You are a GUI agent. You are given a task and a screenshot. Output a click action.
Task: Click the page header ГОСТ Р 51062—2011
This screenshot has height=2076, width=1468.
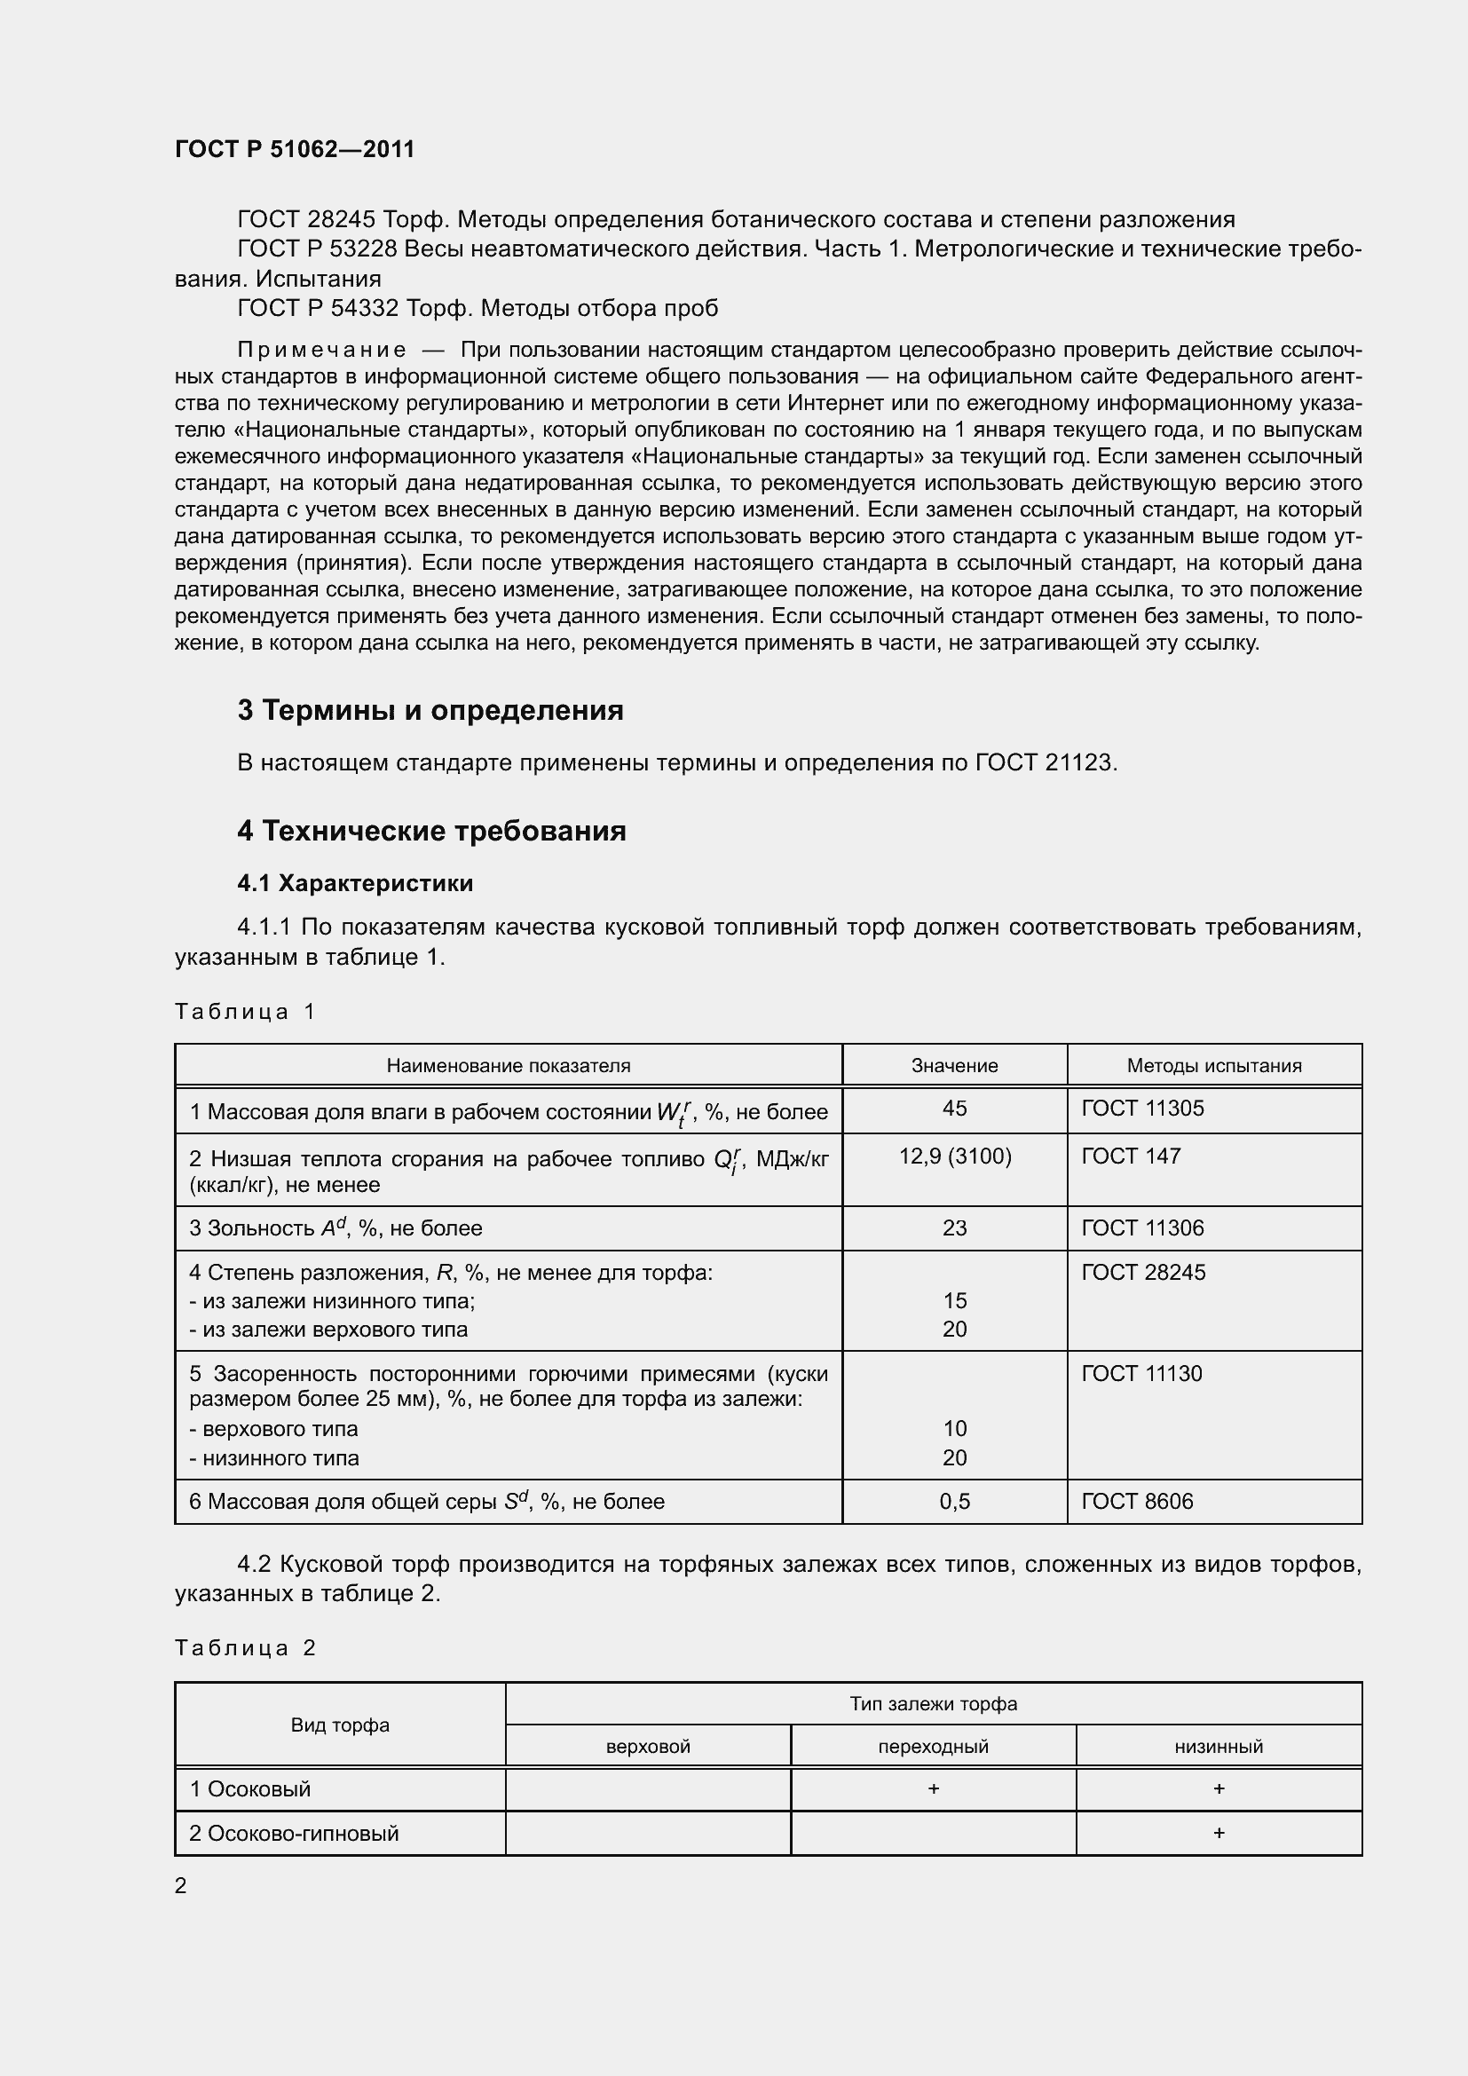pos(295,149)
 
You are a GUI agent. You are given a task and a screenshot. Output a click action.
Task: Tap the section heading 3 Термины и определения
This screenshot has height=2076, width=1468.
pos(430,710)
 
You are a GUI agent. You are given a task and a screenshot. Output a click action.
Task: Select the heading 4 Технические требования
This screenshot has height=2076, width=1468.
pos(431,830)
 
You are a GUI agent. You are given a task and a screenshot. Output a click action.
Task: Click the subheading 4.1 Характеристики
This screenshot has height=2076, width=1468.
pos(355,882)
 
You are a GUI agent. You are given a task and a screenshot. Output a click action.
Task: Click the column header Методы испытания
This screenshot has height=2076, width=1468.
pos(1213,1065)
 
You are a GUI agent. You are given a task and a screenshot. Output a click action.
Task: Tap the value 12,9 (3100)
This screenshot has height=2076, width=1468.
pos(955,1156)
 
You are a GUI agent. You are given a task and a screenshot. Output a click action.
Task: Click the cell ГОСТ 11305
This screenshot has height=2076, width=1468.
pos(1142,1108)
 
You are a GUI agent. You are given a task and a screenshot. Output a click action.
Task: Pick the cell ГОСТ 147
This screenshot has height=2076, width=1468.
pos(1131,1156)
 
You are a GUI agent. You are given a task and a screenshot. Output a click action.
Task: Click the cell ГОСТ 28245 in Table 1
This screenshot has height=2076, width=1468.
pos(1142,1272)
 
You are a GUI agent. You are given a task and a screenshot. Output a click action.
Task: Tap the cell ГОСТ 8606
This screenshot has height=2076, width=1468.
pos(1137,1501)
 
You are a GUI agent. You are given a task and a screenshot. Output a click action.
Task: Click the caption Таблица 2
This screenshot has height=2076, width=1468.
pos(245,1647)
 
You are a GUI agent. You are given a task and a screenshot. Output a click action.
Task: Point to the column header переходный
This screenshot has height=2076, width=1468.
pos(933,1746)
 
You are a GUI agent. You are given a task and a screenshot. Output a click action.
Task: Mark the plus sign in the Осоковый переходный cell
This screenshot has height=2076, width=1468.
pos(933,1788)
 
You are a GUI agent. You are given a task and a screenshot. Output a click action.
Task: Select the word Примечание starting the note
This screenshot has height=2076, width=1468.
pos(321,350)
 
